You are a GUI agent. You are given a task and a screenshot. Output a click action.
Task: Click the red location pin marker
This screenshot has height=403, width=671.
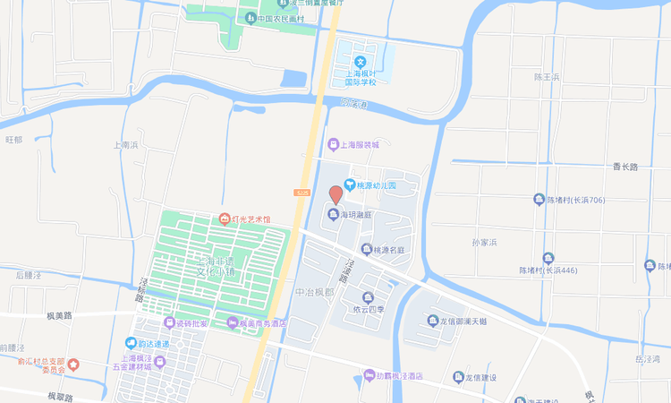coord(335,194)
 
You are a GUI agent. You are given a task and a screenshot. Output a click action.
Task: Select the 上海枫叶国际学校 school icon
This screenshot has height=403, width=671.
coord(361,61)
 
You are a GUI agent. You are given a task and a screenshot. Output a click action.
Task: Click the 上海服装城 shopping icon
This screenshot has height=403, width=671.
coord(333,144)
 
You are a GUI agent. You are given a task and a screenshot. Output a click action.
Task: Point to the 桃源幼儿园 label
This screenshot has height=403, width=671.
coord(376,184)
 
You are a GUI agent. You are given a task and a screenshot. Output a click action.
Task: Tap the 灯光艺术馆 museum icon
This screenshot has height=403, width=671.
coord(224,219)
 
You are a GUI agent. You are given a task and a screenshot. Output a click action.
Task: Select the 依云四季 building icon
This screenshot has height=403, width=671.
coord(367,297)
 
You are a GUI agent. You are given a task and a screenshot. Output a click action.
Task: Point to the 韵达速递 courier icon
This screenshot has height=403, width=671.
coord(130,344)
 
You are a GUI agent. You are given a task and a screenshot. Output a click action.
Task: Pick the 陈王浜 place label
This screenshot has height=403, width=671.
coord(546,78)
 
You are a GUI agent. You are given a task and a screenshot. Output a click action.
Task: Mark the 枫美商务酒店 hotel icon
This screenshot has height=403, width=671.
coord(233,323)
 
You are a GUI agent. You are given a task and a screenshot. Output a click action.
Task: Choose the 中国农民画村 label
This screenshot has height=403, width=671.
coord(281,18)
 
